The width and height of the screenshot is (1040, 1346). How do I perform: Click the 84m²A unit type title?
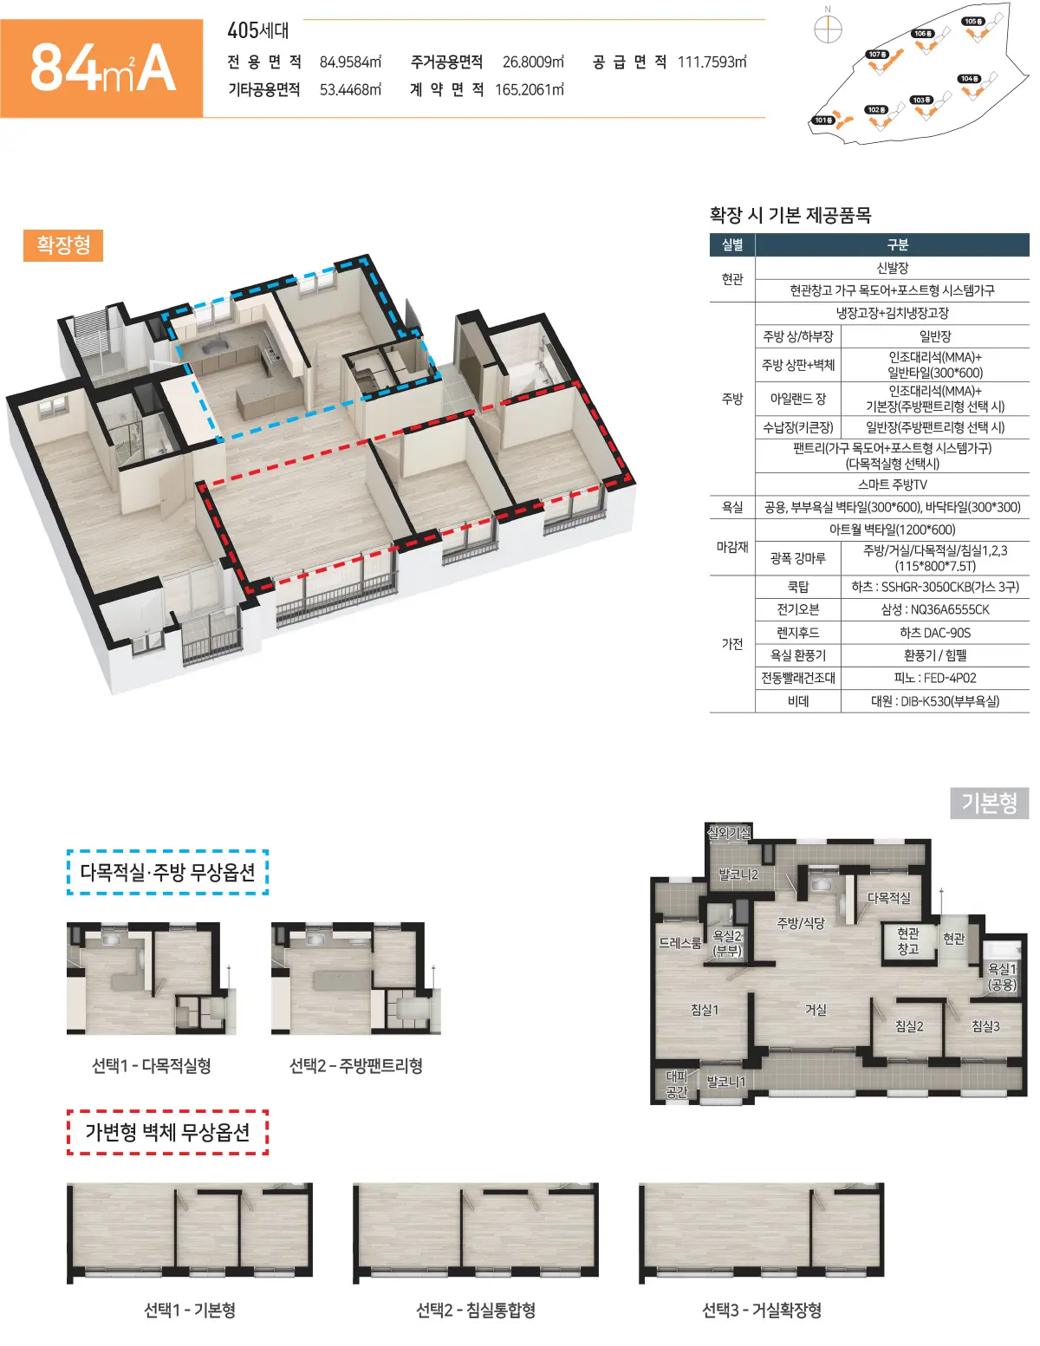tap(103, 68)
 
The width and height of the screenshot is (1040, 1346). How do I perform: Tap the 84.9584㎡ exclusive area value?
tap(351, 62)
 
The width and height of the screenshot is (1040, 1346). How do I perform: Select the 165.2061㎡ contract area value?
tap(530, 90)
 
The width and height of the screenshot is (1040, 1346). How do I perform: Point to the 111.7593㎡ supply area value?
tap(712, 62)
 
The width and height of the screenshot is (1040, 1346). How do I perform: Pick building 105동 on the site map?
tap(973, 22)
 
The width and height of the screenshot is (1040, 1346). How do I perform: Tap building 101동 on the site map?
tap(823, 120)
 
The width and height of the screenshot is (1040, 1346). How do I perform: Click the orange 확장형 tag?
tap(63, 245)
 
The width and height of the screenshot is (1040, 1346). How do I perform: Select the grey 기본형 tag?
tap(989, 803)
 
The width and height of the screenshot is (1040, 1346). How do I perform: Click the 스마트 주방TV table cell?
tap(892, 484)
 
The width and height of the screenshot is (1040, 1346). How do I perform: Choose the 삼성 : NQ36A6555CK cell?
tap(934, 609)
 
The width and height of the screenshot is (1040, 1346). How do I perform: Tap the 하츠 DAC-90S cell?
tap(934, 633)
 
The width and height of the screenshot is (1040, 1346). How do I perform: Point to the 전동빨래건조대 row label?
tap(798, 678)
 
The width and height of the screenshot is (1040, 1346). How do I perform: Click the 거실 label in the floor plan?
tap(816, 1010)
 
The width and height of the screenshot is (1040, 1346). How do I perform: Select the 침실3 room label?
tap(985, 1026)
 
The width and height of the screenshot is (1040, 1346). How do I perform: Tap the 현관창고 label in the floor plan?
tap(908, 940)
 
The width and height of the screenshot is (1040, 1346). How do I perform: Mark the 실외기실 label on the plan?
tap(729, 833)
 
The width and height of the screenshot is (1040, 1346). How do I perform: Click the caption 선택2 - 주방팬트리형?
tap(356, 1065)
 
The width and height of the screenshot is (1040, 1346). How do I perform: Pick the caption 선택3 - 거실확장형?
tap(761, 1310)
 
